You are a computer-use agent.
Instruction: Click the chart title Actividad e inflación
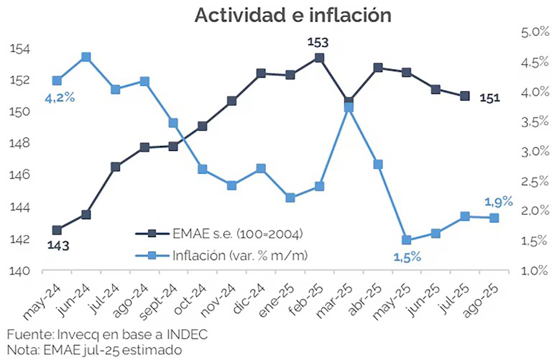293,16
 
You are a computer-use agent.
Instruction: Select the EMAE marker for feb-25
319,58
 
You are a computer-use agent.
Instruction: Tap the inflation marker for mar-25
349,107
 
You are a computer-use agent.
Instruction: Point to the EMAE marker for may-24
57,230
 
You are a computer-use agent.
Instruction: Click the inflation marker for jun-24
86,57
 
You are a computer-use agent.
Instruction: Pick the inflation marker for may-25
407,240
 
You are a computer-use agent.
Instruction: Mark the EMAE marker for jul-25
465,96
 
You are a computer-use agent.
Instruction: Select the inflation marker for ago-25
494,218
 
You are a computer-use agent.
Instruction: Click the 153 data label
318,42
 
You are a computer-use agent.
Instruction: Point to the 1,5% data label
407,257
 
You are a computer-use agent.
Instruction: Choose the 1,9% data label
498,202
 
